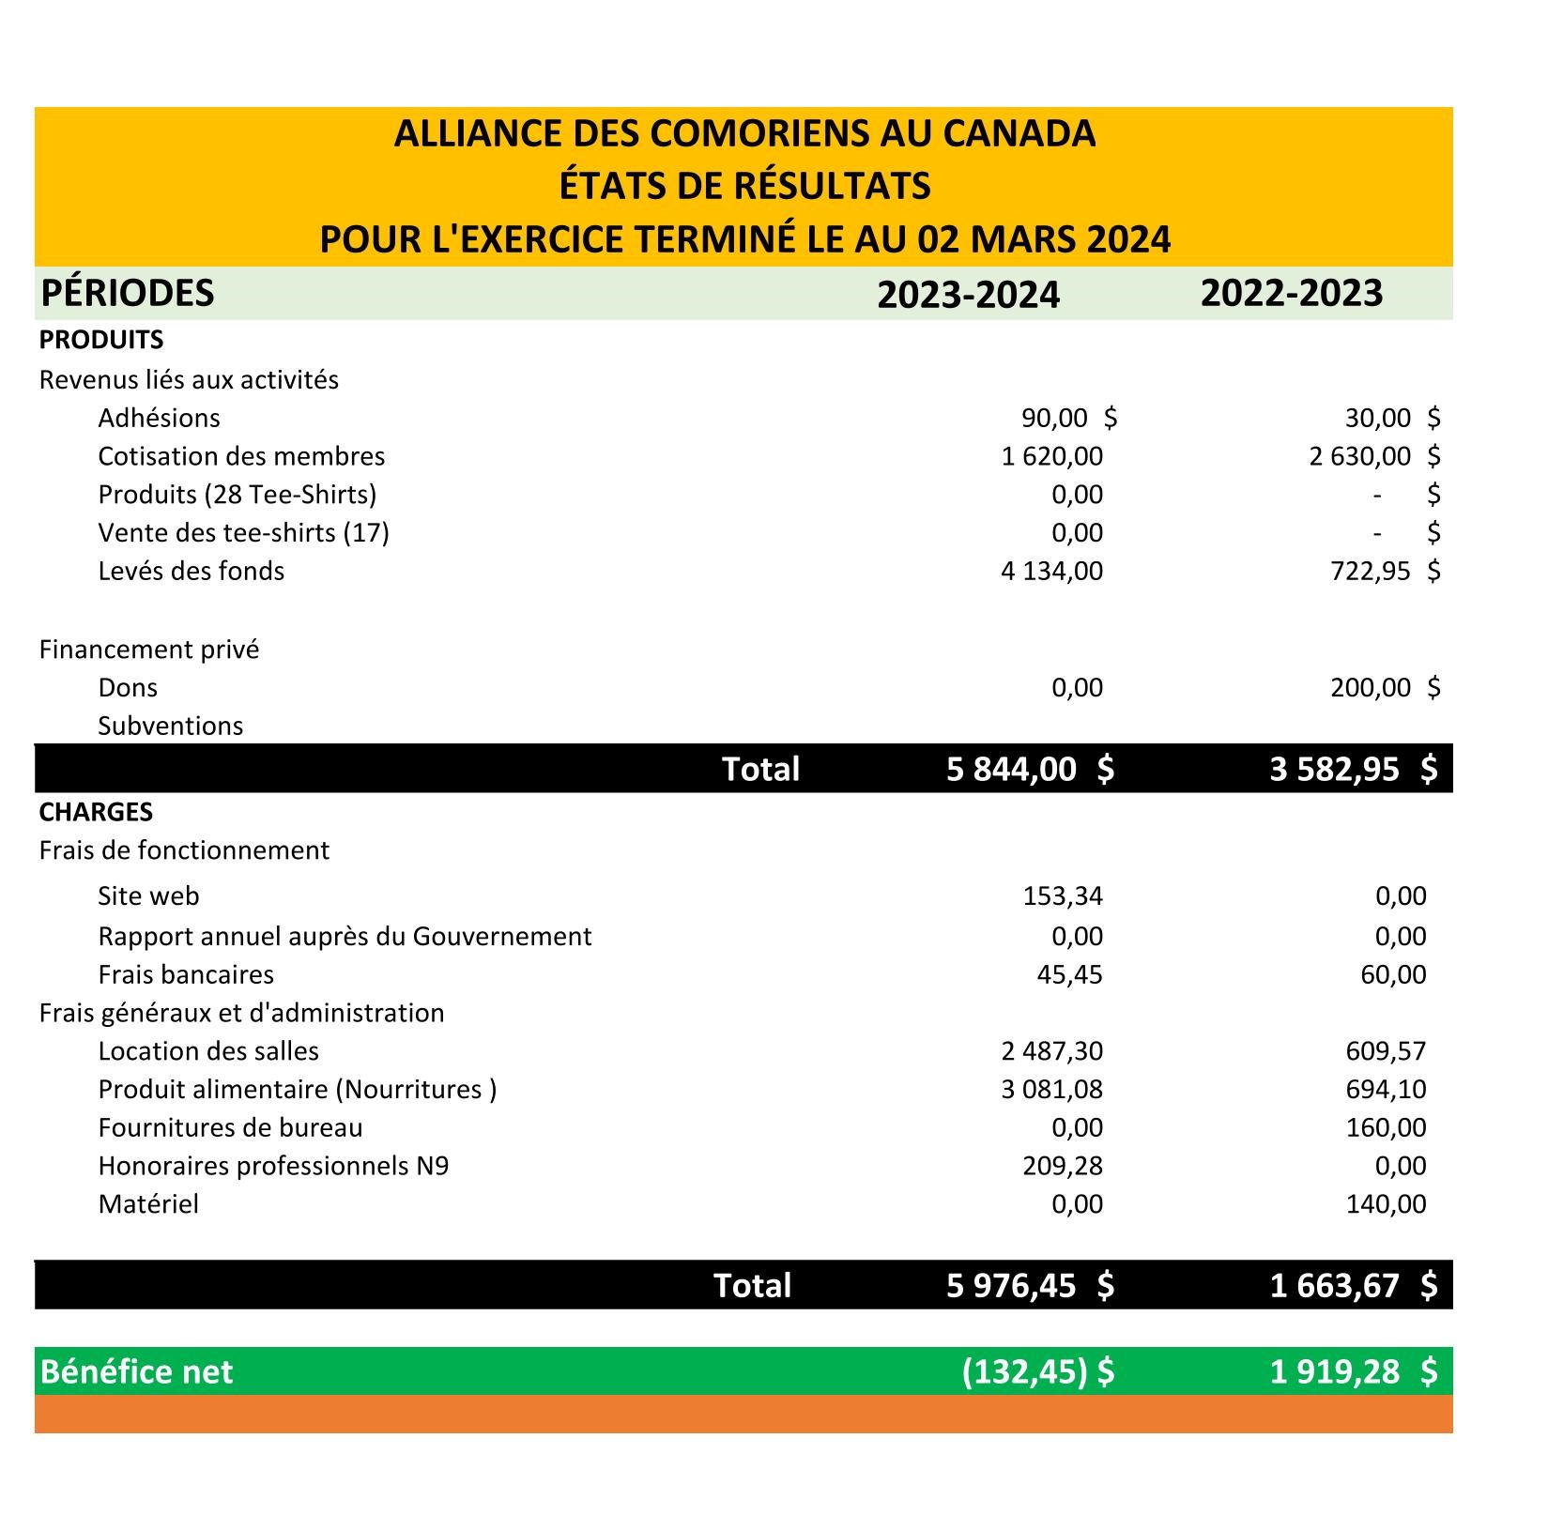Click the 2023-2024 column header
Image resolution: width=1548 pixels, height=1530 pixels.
click(968, 295)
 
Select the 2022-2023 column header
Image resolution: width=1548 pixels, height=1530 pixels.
click(1291, 293)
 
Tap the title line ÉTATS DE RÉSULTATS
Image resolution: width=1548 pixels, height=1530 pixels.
click(744, 186)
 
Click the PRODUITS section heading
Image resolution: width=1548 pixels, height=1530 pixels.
click(101, 340)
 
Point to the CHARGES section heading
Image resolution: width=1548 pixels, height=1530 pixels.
click(96, 811)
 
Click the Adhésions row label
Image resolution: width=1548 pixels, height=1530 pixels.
click(159, 418)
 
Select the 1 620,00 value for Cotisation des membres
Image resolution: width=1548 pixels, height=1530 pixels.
click(1051, 456)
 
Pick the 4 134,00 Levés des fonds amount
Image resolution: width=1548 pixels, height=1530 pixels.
click(1051, 571)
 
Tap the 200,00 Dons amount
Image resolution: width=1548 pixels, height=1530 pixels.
click(1370, 688)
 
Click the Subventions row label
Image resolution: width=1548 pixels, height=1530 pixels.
click(170, 726)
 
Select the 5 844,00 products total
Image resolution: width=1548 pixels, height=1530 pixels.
click(1011, 769)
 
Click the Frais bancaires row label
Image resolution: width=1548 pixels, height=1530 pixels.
click(186, 974)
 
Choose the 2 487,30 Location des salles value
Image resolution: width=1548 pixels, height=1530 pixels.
click(1051, 1051)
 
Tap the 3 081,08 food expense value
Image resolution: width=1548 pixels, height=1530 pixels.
click(1051, 1090)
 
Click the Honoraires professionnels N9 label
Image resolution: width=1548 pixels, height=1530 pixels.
click(273, 1166)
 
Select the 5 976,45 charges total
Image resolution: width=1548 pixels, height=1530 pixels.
click(1011, 1285)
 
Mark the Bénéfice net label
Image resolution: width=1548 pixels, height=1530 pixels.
click(136, 1371)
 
